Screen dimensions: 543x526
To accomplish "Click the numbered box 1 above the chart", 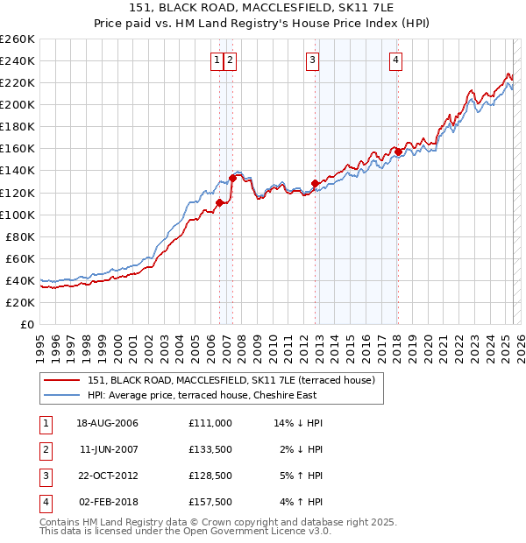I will [x=216, y=60].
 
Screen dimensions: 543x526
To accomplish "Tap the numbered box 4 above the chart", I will [x=396, y=60].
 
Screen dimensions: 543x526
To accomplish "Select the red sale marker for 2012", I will [x=315, y=183].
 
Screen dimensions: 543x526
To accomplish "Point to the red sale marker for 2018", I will [x=397, y=152].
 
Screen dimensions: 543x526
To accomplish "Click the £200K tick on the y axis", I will [x=18, y=104].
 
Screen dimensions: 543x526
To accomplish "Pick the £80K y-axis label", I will [x=21, y=236].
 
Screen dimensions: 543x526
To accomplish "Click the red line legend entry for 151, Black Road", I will [x=231, y=380].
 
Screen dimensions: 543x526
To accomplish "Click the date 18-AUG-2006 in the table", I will [x=107, y=423].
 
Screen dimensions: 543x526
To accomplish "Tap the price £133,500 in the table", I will [x=210, y=450].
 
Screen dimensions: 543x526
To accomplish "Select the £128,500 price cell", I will [x=210, y=476].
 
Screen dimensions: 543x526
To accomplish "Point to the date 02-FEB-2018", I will [x=107, y=503].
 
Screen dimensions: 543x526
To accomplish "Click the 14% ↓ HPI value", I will [x=298, y=423].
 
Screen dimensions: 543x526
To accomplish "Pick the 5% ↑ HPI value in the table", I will [x=302, y=476].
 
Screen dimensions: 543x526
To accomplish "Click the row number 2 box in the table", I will [x=43, y=450].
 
